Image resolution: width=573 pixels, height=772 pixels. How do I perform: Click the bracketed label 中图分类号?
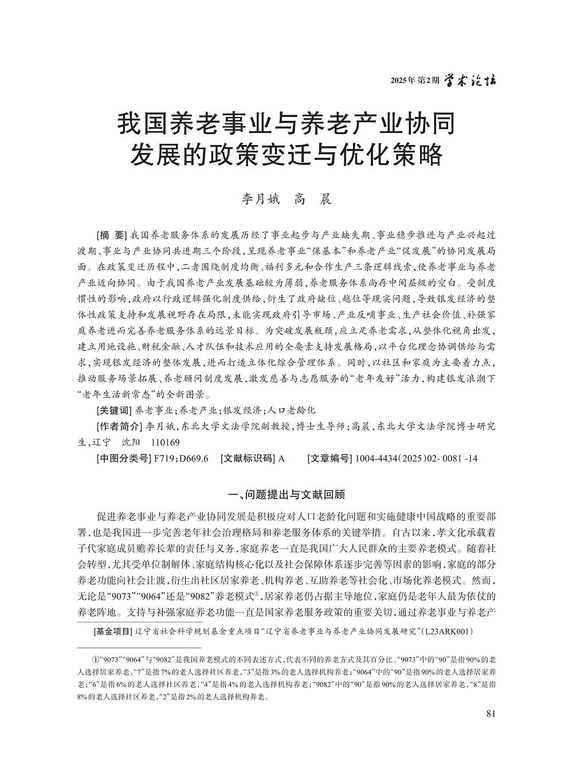(x=123, y=459)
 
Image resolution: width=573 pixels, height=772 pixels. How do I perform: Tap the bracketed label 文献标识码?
(x=248, y=459)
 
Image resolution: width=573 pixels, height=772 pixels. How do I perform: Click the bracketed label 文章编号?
(x=330, y=459)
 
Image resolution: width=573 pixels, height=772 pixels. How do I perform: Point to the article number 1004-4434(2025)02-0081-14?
(x=417, y=459)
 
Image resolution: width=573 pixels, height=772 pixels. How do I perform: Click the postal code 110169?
(x=165, y=442)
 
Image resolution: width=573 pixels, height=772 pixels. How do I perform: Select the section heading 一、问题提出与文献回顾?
(x=286, y=494)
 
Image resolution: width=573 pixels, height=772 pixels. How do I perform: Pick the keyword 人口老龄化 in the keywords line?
(x=292, y=410)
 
